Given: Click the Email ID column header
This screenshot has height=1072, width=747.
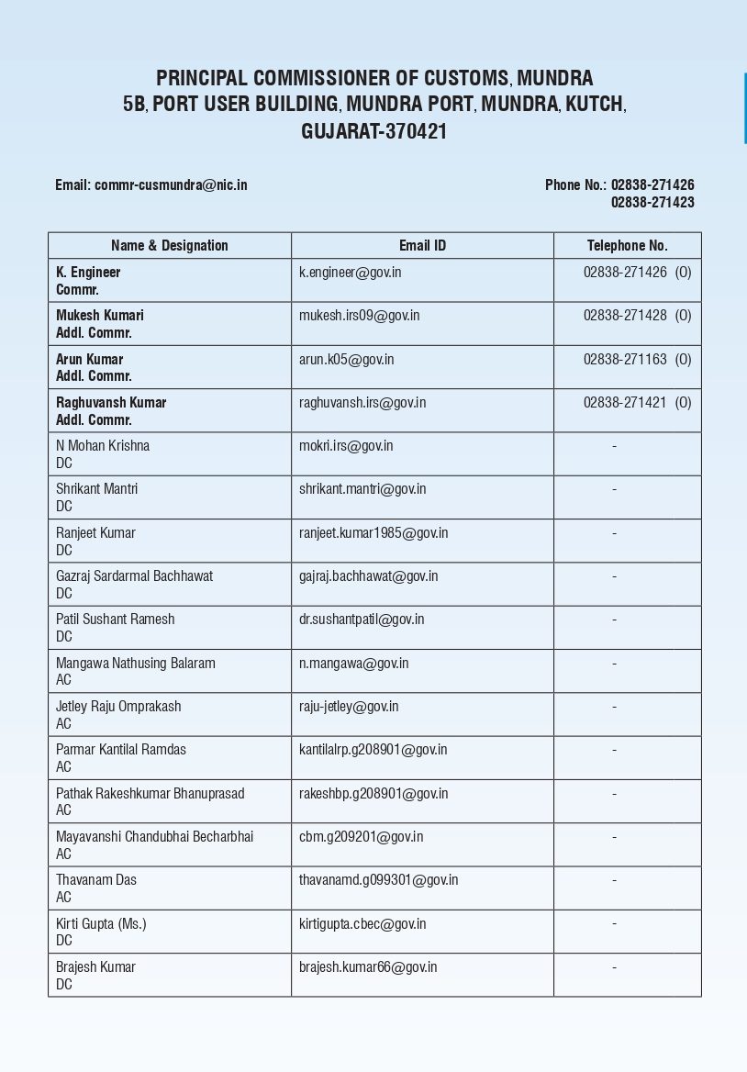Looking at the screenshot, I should point(422,245).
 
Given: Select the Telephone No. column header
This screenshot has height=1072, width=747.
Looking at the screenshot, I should point(627,245).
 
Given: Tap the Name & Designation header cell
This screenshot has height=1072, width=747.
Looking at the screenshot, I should point(170,245).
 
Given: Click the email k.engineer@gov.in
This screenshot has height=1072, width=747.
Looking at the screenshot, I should point(350,272).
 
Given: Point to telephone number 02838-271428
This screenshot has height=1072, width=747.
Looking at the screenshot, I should point(625,315).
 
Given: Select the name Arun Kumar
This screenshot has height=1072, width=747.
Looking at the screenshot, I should point(89,359).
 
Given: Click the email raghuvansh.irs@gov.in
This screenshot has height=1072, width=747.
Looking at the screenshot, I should point(362,402).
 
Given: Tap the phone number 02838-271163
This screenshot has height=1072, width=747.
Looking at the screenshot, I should point(625,359).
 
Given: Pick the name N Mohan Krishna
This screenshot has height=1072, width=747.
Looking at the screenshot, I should point(103,445).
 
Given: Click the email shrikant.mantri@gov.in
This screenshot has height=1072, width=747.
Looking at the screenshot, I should point(362,488).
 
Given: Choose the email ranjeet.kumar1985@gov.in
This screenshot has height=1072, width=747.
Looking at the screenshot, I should point(373,532).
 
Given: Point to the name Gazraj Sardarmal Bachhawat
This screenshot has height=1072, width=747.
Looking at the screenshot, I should point(134,575).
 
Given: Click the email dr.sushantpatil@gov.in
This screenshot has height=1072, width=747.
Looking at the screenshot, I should point(362,619).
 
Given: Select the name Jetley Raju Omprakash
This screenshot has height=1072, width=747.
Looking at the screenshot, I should point(118,706).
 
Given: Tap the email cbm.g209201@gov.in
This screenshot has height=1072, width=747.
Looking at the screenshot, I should point(361,836).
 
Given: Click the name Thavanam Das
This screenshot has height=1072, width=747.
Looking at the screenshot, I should point(96,879).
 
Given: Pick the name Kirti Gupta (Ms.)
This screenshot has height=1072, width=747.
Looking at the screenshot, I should point(101,923).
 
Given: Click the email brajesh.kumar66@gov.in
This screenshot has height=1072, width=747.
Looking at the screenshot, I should point(368,966).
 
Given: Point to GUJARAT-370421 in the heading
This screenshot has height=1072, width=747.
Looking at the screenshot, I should point(373,131).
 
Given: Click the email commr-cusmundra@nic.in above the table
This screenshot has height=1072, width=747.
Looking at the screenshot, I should point(171,184).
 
